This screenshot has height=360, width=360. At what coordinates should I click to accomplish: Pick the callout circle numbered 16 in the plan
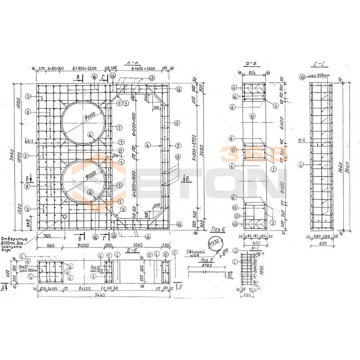pos(94,77)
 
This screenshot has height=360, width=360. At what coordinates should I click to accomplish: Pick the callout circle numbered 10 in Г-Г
pos(301,77)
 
